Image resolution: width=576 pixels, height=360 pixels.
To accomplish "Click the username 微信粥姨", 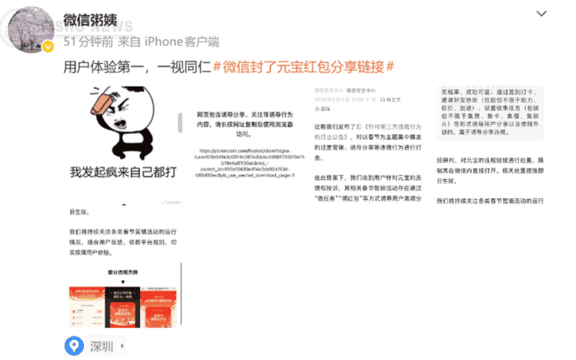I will click(97, 19).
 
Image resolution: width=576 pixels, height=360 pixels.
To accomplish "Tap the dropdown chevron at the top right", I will click(541, 14).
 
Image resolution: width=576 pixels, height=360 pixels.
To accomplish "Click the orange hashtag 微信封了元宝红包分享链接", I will click(304, 67).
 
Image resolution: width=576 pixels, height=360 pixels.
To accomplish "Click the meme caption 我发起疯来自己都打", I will click(123, 172).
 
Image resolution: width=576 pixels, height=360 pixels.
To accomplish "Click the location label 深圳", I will click(101, 347).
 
